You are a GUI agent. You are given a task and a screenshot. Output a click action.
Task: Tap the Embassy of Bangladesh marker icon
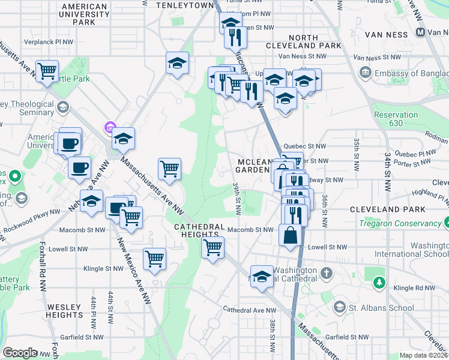pyautogui.click(x=365, y=73)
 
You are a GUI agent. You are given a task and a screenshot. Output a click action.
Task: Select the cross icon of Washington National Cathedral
pyautogui.click(x=327, y=274)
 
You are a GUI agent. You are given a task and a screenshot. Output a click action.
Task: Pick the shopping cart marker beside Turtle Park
pyautogui.click(x=47, y=71)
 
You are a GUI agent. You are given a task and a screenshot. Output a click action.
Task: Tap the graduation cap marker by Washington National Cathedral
pyautogui.click(x=262, y=277)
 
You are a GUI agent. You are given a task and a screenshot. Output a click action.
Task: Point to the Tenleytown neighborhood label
pyautogui.click(x=185, y=5)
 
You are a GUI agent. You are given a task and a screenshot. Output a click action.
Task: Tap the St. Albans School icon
pyautogui.click(x=339, y=308)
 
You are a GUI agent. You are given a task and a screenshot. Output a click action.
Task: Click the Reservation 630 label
pyautogui.click(x=396, y=119)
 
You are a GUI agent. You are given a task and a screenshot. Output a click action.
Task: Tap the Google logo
pyautogui.click(x=20, y=353)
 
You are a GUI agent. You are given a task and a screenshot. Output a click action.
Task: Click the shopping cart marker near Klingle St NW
pyautogui.click(x=155, y=259)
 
